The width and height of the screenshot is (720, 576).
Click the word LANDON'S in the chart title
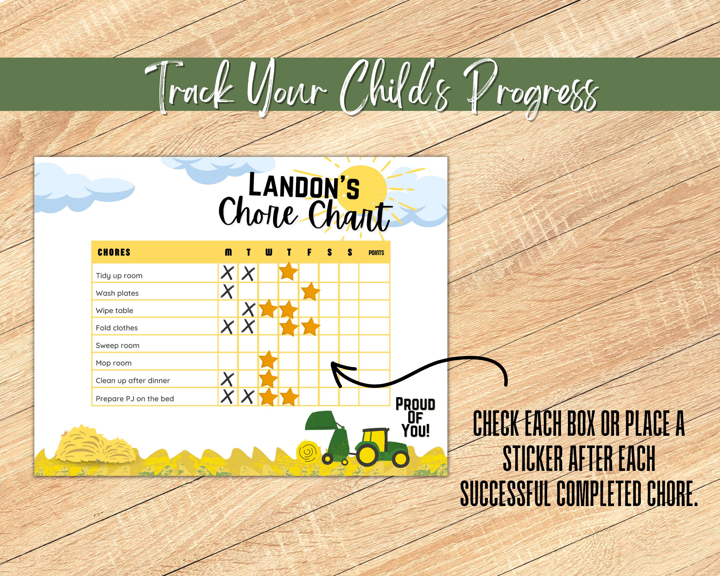(x=304, y=186)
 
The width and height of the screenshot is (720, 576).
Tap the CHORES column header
(x=114, y=252)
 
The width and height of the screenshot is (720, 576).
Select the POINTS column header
(x=376, y=253)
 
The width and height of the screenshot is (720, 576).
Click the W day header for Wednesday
(x=268, y=252)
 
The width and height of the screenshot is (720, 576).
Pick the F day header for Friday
(x=309, y=252)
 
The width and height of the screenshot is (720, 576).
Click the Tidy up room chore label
(x=119, y=276)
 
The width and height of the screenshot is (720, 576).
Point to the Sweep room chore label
(x=117, y=345)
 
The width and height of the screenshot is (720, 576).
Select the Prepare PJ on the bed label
(x=134, y=398)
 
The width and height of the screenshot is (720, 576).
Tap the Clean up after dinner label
(x=132, y=380)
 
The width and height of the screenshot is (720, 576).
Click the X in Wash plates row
(x=228, y=291)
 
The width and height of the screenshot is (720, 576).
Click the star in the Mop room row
(x=268, y=360)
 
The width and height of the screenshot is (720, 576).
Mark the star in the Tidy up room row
(x=289, y=271)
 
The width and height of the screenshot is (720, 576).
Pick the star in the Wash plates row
(x=310, y=291)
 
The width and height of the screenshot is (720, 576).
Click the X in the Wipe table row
(x=249, y=309)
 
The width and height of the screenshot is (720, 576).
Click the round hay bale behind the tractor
(x=308, y=452)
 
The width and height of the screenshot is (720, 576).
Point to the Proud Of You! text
(x=415, y=417)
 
